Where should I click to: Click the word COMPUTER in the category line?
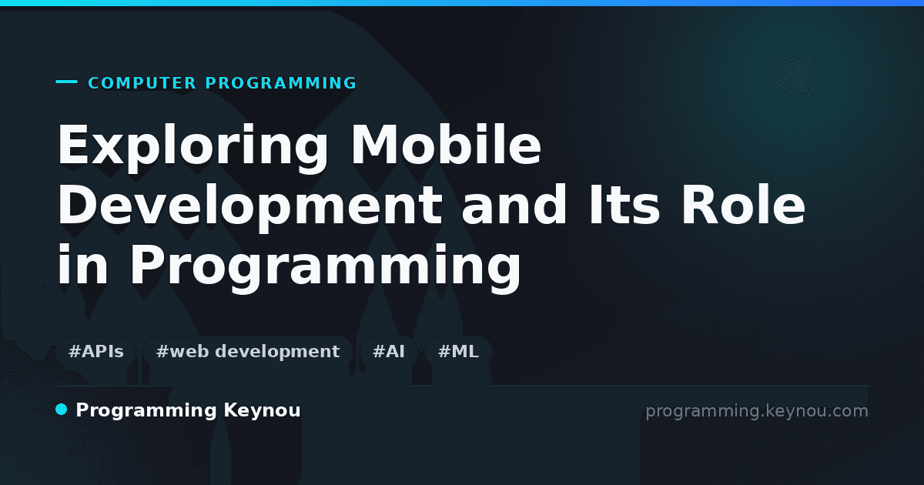(142, 83)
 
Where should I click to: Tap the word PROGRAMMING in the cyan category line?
(281, 83)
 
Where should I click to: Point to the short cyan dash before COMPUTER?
(66, 82)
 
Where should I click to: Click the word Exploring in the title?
(192, 148)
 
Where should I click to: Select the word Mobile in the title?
(446, 144)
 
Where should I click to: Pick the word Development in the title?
(250, 206)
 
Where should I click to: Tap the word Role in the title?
(743, 204)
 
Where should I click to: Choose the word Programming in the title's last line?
(326, 267)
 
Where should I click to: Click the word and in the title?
(514, 204)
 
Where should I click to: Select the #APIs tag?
(96, 352)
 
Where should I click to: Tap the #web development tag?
(247, 352)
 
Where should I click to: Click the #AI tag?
(389, 352)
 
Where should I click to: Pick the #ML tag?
(458, 352)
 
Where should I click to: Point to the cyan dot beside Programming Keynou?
(62, 410)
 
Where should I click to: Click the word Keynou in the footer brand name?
(262, 411)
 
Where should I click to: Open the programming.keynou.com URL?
(757, 412)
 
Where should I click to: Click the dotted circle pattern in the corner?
(797, 77)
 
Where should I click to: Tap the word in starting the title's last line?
(82, 264)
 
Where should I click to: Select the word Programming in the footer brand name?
(146, 411)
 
